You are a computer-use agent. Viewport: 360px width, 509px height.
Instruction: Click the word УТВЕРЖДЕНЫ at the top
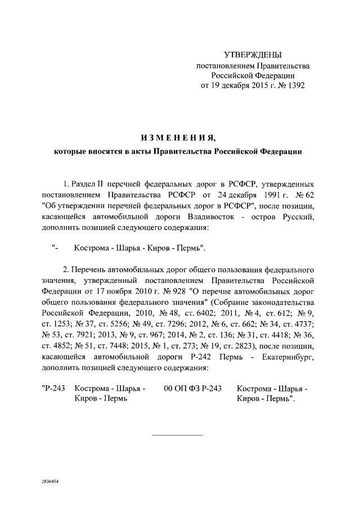(x=253, y=55)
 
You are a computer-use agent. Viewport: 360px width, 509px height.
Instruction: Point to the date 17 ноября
(x=110, y=292)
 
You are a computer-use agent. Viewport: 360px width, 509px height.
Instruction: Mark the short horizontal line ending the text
(x=178, y=435)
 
